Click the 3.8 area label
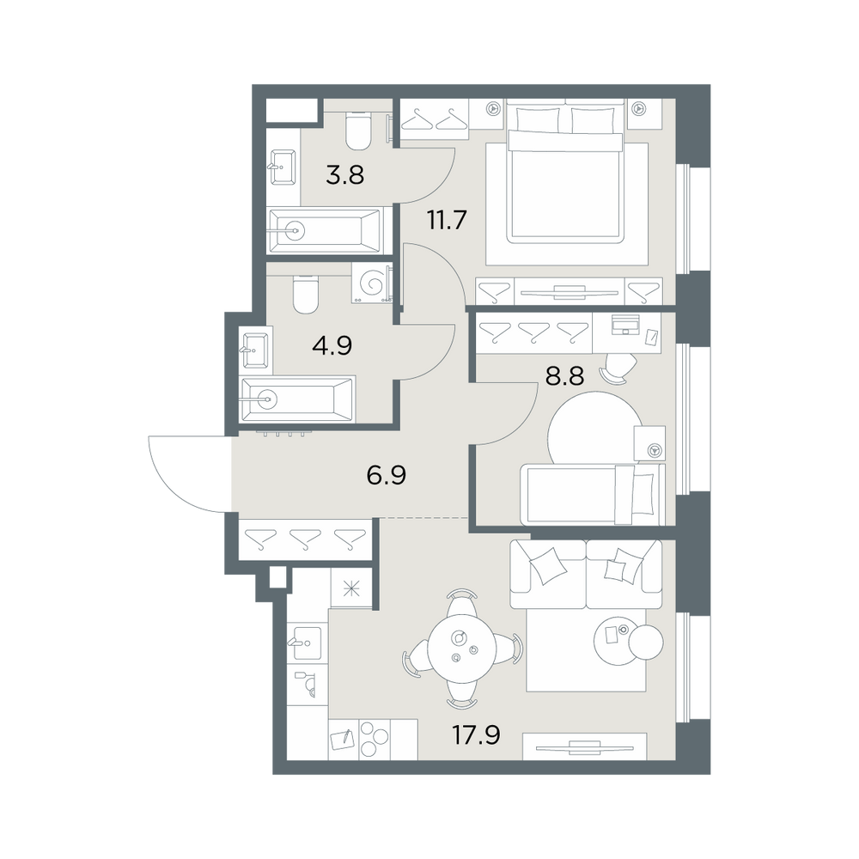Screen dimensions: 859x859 344,176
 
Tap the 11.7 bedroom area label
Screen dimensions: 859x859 447,220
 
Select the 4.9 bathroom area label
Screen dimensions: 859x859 332,345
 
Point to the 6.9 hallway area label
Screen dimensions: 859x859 387,475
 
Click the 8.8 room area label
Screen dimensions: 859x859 564,376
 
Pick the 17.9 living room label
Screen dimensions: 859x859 476,734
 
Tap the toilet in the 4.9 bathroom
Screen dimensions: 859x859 306,293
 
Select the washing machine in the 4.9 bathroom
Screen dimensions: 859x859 372,283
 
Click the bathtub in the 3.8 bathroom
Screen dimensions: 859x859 326,230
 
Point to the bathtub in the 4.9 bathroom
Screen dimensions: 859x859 298,399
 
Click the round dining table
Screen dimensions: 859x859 462,648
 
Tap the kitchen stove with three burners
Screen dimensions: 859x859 374,739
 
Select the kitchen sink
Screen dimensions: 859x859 307,643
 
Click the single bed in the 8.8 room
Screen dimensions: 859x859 593,494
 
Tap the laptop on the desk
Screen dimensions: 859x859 624,324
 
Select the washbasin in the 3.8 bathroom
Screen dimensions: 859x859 283,166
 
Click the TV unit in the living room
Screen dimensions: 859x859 584,746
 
